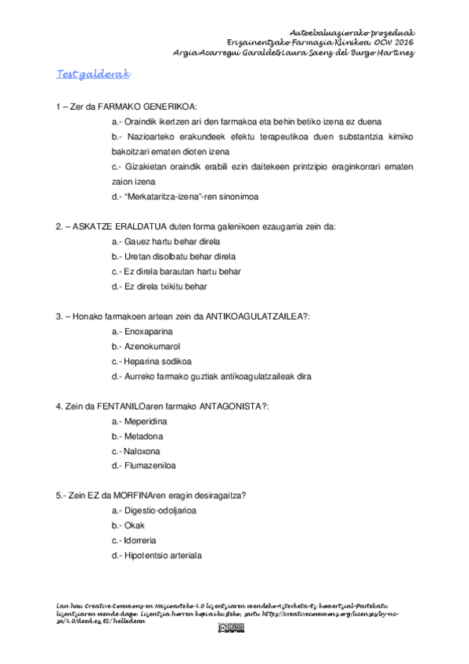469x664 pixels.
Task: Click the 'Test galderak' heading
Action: [92, 74]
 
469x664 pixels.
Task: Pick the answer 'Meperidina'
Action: [146, 421]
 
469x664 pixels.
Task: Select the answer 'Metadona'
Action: [143, 436]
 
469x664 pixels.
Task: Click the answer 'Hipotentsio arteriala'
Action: [163, 555]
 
